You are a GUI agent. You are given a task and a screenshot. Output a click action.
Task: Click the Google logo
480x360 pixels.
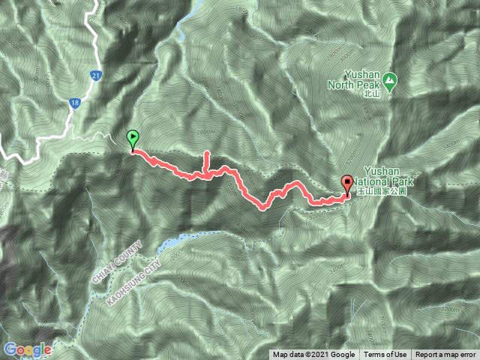[28, 349]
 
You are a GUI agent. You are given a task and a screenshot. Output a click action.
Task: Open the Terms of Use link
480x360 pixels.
[389, 355]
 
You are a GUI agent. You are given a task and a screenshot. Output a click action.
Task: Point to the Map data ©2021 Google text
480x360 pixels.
[313, 355]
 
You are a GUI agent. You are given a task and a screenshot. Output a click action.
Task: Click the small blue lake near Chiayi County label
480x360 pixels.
[170, 243]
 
